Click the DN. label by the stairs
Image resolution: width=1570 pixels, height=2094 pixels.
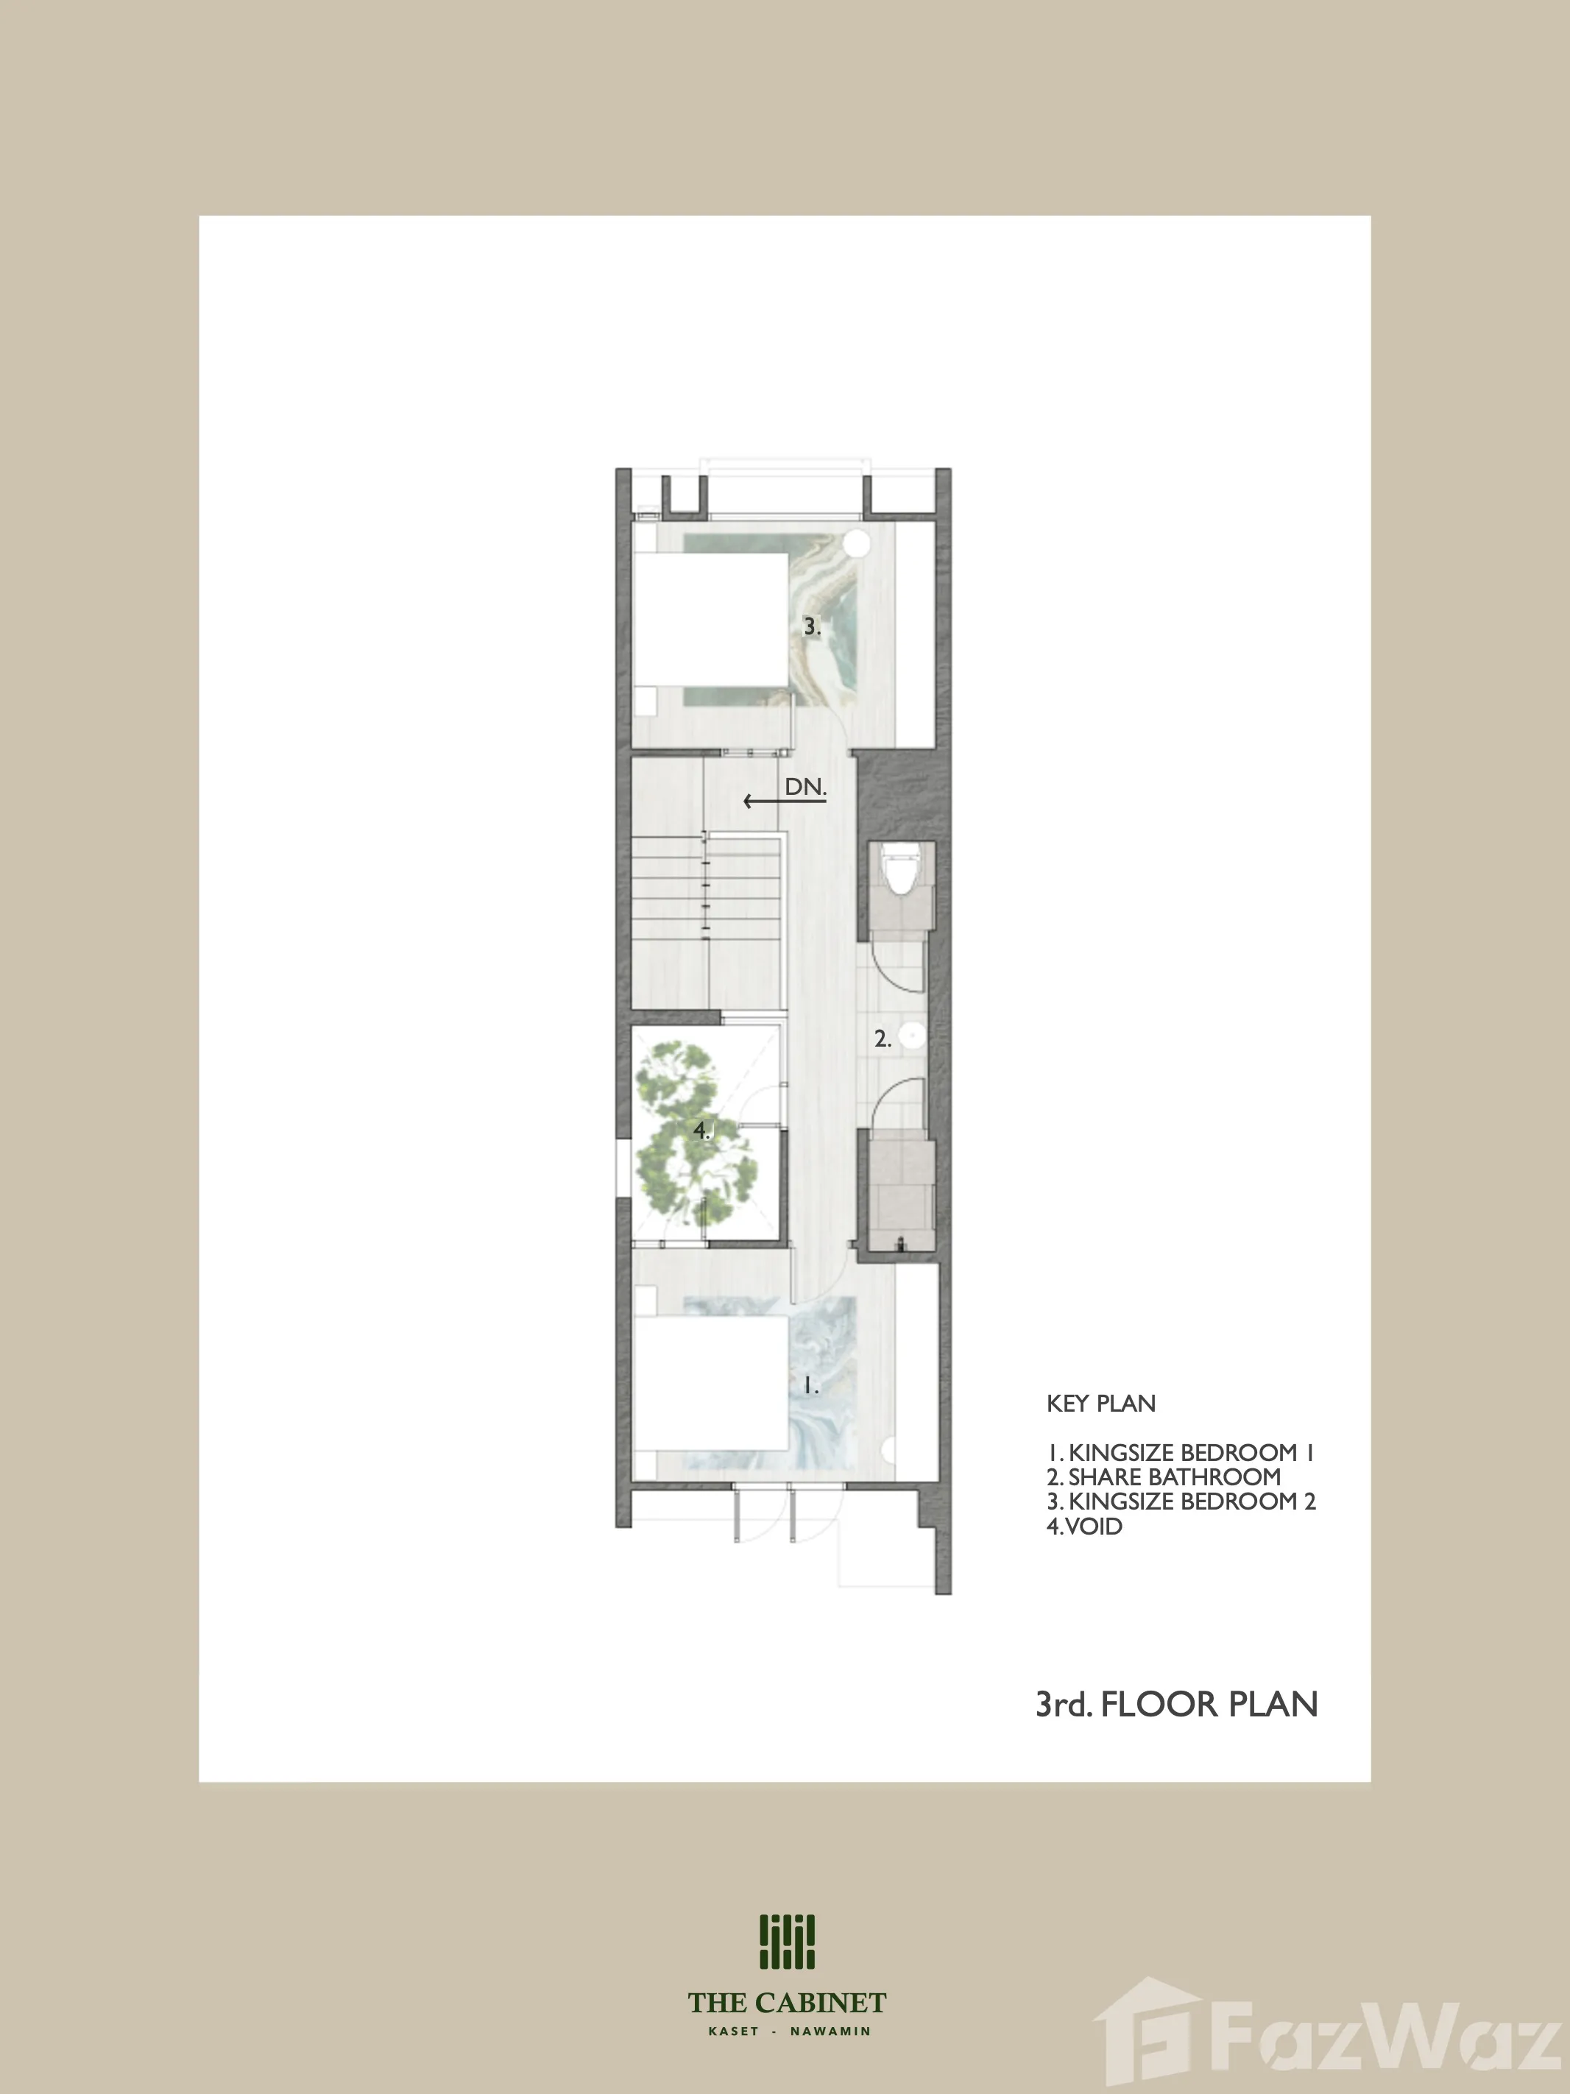pos(806,787)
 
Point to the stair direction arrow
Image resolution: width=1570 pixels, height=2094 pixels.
pos(785,802)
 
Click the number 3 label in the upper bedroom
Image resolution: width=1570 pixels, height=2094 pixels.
pos(812,626)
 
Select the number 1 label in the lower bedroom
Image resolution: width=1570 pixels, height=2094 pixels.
pos(810,1386)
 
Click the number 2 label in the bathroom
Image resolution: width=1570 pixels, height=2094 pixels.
pos(883,1039)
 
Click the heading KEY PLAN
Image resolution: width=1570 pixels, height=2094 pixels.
pos(1101,1403)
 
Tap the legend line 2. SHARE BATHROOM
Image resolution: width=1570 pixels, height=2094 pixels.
pos(1164,1476)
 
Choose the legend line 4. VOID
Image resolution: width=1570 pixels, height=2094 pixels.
pos(1084,1526)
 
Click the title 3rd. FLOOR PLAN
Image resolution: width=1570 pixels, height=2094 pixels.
pos(1177,1704)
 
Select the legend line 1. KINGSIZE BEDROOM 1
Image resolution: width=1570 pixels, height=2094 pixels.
pos(1181,1452)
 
